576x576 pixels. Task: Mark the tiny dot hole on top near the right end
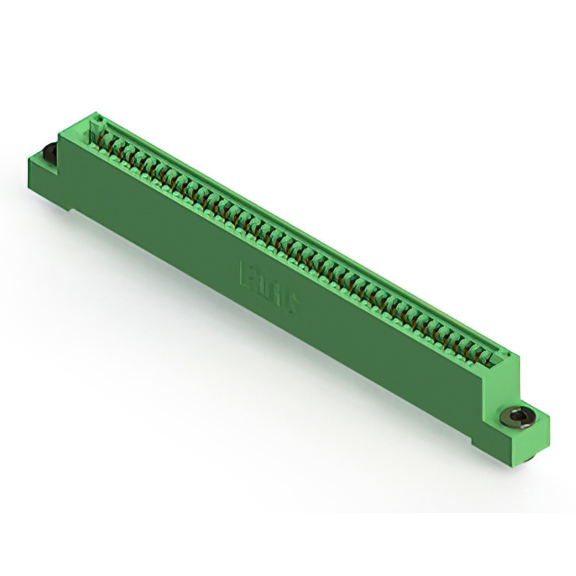click(505, 356)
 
